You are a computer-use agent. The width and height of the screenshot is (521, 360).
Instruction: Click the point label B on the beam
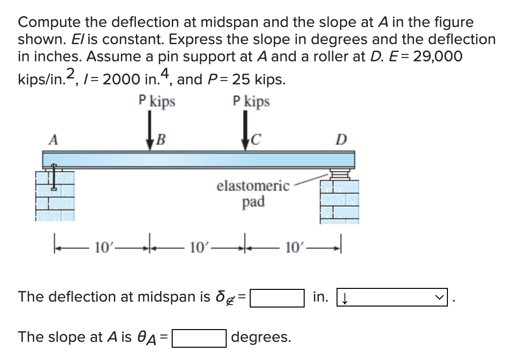[x=160, y=140]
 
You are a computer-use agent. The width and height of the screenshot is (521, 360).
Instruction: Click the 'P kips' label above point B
[x=157, y=102]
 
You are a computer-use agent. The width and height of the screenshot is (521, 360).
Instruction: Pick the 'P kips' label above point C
[x=252, y=102]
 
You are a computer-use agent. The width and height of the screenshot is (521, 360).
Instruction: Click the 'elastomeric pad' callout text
[x=253, y=193]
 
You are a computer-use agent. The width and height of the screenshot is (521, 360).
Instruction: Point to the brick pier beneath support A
[x=54, y=196]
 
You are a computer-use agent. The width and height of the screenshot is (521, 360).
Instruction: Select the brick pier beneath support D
[x=339, y=201]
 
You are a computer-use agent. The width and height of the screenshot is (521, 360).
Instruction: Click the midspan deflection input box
[x=277, y=298]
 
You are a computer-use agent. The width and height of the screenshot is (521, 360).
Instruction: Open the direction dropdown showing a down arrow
[x=392, y=298]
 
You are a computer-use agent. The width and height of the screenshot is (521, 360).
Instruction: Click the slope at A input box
[x=199, y=338]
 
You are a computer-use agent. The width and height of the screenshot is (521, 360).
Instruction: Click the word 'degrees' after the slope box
[x=260, y=338]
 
